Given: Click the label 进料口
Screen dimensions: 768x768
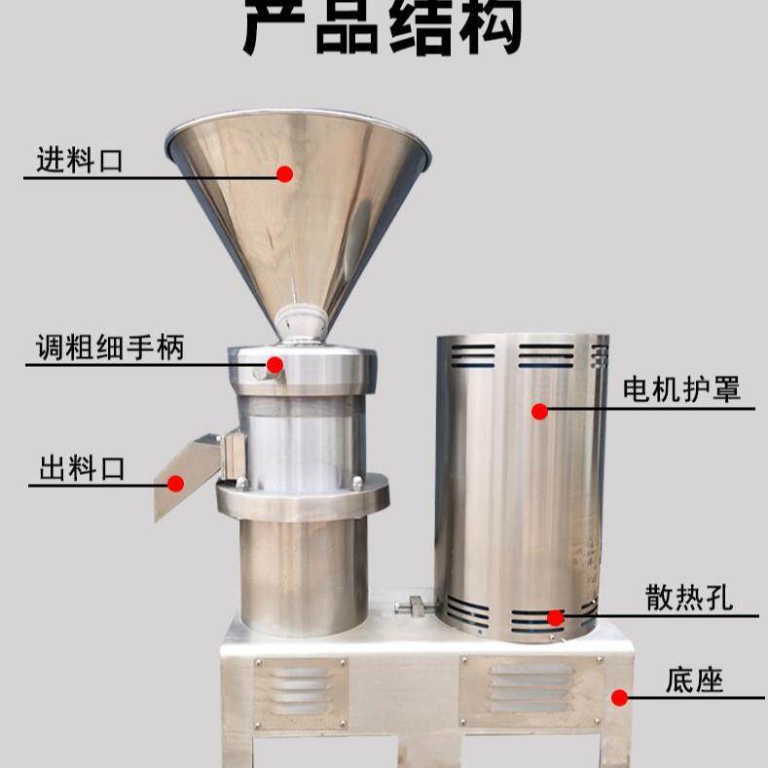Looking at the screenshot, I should pyautogui.click(x=80, y=160).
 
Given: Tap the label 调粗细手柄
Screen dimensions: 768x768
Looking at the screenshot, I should pyautogui.click(x=109, y=347).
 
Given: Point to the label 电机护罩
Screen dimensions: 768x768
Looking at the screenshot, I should pyautogui.click(x=681, y=390).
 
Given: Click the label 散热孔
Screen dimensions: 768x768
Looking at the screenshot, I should pyautogui.click(x=688, y=598).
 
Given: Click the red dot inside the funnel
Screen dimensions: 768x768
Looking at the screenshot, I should pyautogui.click(x=284, y=174).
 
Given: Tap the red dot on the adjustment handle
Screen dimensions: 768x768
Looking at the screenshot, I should pyautogui.click(x=274, y=365).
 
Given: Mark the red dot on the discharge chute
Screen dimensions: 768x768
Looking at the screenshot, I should pyautogui.click(x=176, y=483).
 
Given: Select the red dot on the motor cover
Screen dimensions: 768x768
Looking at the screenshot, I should pyautogui.click(x=539, y=411).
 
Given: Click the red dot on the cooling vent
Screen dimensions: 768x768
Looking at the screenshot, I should pyautogui.click(x=555, y=617).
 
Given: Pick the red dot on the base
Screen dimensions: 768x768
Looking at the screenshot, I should pyautogui.click(x=619, y=696).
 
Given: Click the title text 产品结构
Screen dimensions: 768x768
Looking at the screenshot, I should pyautogui.click(x=383, y=27).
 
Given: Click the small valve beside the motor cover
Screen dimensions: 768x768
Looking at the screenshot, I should pyautogui.click(x=413, y=605).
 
